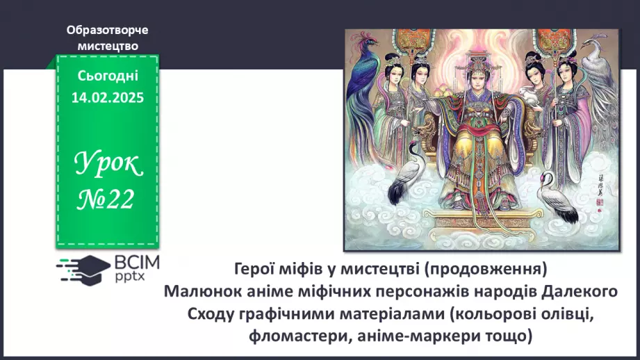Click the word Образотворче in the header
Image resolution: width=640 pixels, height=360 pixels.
point(107,31)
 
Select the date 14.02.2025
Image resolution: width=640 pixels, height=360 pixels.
point(107,98)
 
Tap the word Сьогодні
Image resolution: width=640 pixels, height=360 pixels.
point(107,76)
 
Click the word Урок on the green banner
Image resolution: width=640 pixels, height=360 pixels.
point(108,165)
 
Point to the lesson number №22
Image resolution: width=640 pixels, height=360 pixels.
point(107,200)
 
